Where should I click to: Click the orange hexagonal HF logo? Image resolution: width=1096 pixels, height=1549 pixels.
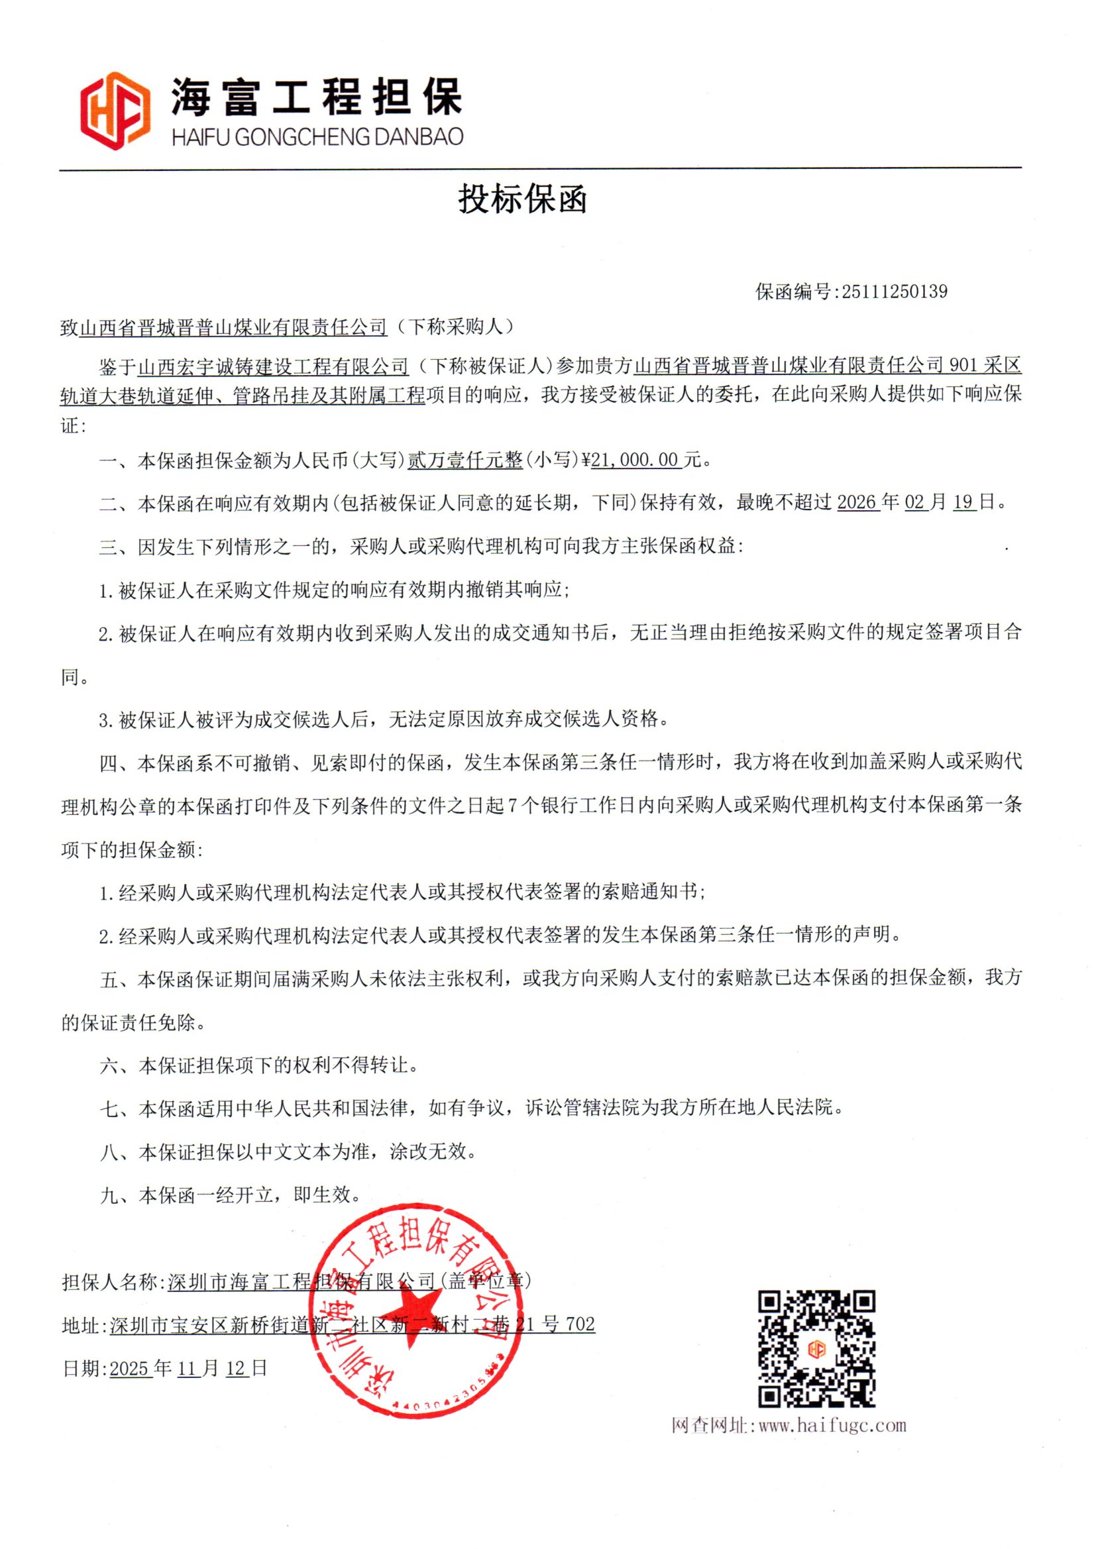point(115,111)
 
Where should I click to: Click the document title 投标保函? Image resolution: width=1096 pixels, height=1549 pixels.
point(522,199)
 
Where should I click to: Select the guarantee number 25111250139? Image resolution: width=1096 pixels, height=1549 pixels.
point(894,292)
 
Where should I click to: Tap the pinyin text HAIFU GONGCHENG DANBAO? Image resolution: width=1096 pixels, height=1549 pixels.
point(317,137)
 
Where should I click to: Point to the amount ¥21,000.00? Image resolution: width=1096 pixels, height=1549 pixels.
point(633,460)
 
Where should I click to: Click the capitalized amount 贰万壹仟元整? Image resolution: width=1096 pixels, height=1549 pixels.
point(465,460)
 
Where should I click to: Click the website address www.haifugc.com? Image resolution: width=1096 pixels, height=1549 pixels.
point(832,1425)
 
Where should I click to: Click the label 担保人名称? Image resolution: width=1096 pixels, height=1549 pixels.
point(110,1282)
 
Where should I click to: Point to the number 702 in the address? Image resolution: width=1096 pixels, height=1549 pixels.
point(580,1324)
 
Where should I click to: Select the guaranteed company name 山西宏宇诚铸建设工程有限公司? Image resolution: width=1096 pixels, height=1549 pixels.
point(273,367)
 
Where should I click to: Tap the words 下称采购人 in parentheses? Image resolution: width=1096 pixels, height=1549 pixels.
point(455,327)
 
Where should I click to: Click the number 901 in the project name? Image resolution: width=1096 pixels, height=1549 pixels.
point(963,366)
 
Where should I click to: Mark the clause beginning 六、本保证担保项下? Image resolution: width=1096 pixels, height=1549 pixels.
point(259,1065)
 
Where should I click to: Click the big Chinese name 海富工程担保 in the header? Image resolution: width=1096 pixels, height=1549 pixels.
point(316,97)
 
